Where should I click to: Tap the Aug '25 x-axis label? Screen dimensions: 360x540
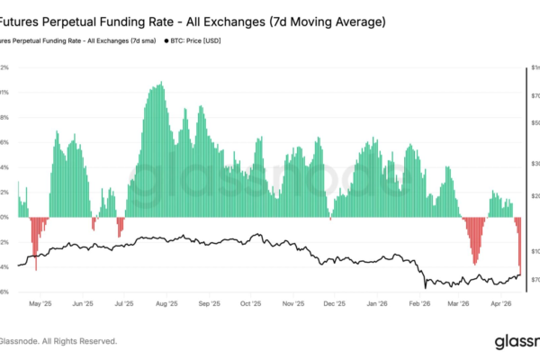pyautogui.click(x=166, y=304)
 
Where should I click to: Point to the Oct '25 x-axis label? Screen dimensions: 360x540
pyautogui.click(x=251, y=304)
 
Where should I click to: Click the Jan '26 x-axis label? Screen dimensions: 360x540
pyautogui.click(x=378, y=304)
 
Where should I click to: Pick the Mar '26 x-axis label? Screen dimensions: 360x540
pyautogui.click(x=459, y=304)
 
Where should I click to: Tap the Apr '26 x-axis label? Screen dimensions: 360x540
pyautogui.click(x=501, y=304)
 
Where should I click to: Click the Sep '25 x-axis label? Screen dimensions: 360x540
pyautogui.click(x=209, y=304)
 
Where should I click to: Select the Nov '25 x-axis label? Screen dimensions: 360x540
pyautogui.click(x=293, y=304)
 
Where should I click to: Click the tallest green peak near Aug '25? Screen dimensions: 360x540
pyautogui.click(x=161, y=85)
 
